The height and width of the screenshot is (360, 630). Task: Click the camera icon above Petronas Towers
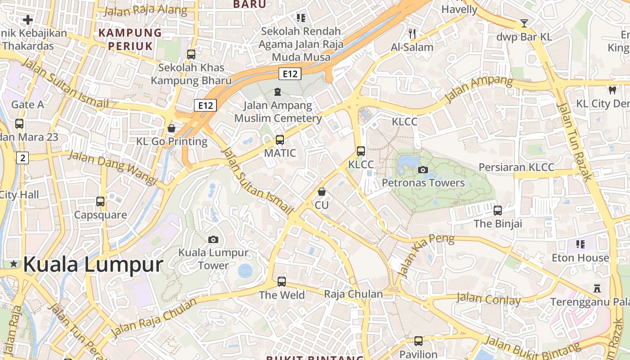[x=423, y=170]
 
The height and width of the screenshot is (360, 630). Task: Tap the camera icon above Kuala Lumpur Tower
[x=213, y=239]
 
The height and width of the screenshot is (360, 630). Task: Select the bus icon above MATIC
[x=280, y=140]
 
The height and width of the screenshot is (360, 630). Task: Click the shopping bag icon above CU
[x=321, y=192]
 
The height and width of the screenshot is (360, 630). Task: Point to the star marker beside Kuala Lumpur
[x=14, y=264]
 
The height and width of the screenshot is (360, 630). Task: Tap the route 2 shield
[x=22, y=158]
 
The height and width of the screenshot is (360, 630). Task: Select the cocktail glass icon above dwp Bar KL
[x=524, y=23]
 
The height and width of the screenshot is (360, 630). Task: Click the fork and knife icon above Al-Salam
[x=412, y=33]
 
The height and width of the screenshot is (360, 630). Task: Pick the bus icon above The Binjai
[x=497, y=210]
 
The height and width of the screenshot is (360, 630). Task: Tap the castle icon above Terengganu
[x=597, y=288]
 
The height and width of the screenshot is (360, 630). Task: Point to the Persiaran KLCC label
[x=516, y=167]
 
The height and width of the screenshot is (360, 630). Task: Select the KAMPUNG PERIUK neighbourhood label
[x=130, y=39]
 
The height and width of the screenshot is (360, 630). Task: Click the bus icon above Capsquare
[x=100, y=202]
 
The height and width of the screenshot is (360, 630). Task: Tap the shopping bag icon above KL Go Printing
[x=171, y=128]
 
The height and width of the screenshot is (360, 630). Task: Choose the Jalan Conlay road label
[x=488, y=299]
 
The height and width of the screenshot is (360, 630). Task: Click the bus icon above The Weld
[x=282, y=282]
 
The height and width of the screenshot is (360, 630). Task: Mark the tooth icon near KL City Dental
[x=612, y=90]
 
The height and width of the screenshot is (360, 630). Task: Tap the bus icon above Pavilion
[x=418, y=341]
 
